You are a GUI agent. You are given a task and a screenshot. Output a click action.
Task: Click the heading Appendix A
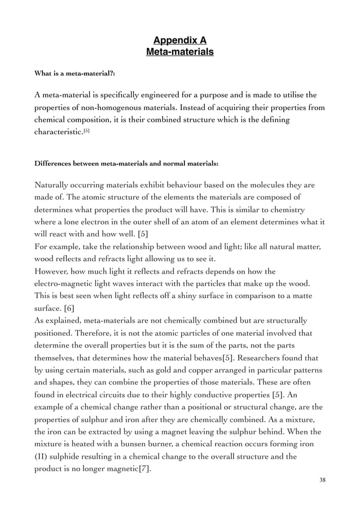(180, 40)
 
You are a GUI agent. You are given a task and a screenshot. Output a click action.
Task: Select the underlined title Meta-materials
(180, 52)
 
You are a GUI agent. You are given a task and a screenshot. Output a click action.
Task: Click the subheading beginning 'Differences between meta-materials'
(126, 164)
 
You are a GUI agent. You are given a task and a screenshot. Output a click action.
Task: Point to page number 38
(322, 480)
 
